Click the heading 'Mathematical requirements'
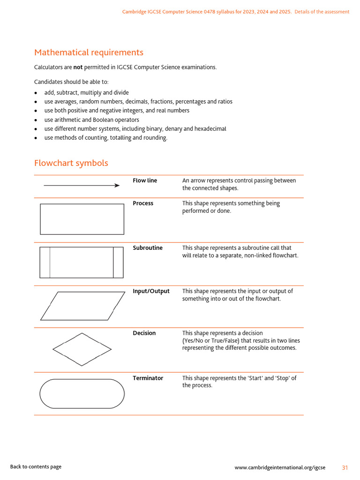coord(89,52)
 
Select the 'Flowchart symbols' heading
coord(71,163)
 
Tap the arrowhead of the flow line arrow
coord(117,186)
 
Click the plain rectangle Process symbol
coord(82,219)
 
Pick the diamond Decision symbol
coord(82,349)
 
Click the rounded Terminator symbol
coord(82,394)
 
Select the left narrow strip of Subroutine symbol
coord(45,262)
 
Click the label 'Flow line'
coord(145,180)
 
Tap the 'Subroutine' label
coord(148,248)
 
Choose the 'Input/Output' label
coord(151,291)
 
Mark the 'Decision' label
coord(144,333)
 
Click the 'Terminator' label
coord(148,378)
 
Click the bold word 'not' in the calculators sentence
coord(78,67)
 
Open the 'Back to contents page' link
coord(36,466)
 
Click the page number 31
coord(345,467)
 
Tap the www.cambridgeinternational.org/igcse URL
coord(280,467)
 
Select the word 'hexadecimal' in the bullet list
coord(210,129)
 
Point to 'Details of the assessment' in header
coord(322,12)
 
